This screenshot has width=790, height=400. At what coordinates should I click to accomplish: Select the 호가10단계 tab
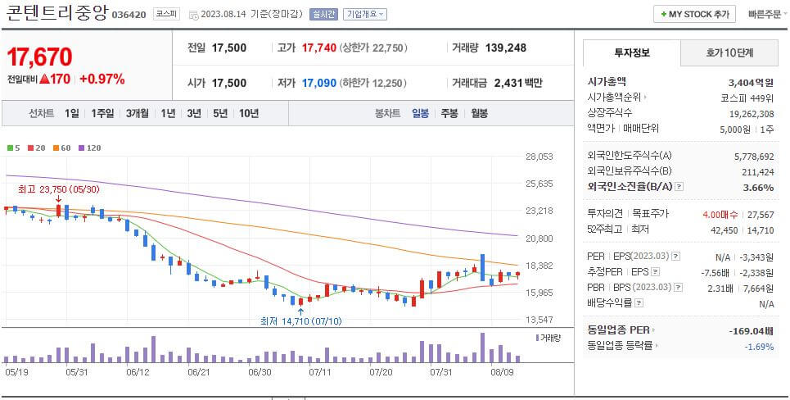click(729, 52)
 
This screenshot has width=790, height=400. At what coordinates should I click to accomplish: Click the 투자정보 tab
click(631, 52)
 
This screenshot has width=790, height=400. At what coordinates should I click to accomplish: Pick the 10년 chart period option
click(248, 113)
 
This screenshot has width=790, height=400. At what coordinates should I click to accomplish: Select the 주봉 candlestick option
click(449, 113)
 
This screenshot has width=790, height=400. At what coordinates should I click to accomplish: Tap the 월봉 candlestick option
click(477, 113)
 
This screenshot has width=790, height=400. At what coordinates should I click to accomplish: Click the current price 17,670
click(39, 57)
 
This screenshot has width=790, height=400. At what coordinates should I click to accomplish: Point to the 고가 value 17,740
click(318, 48)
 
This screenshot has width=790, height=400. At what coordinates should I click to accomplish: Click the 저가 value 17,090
click(318, 83)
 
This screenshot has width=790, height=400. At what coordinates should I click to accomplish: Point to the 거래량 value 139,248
click(505, 48)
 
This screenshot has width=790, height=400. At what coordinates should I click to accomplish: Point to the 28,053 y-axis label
click(539, 157)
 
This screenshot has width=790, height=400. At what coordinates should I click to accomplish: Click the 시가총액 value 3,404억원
click(751, 82)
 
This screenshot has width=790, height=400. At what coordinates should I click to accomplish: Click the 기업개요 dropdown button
click(365, 14)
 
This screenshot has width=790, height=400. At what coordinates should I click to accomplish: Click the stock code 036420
click(128, 15)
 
